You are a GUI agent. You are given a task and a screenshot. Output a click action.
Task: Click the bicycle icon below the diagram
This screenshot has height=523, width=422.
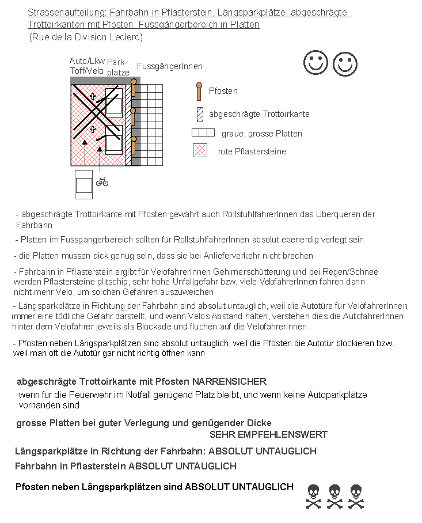102,181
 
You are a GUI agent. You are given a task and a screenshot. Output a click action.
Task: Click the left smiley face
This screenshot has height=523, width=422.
315,63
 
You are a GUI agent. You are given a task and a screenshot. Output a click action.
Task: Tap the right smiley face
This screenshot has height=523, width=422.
345,64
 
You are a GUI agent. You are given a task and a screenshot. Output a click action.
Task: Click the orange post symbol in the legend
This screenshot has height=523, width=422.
199,91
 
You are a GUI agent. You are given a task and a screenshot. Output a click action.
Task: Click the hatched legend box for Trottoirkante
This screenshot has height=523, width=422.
200,114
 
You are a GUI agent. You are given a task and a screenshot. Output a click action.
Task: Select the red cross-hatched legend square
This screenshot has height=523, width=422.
200,151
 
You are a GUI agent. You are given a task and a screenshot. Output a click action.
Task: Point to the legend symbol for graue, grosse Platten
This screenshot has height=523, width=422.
203,132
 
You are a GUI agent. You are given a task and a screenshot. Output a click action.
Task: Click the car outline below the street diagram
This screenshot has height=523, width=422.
83,184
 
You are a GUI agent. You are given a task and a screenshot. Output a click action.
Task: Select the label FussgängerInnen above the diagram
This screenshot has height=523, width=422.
169,67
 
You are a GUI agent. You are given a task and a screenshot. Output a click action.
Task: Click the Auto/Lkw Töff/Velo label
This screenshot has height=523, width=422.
87,66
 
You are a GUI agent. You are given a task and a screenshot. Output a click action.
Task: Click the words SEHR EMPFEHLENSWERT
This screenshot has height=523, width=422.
268,434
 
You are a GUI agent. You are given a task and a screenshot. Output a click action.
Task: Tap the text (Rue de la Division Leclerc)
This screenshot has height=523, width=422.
86,37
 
